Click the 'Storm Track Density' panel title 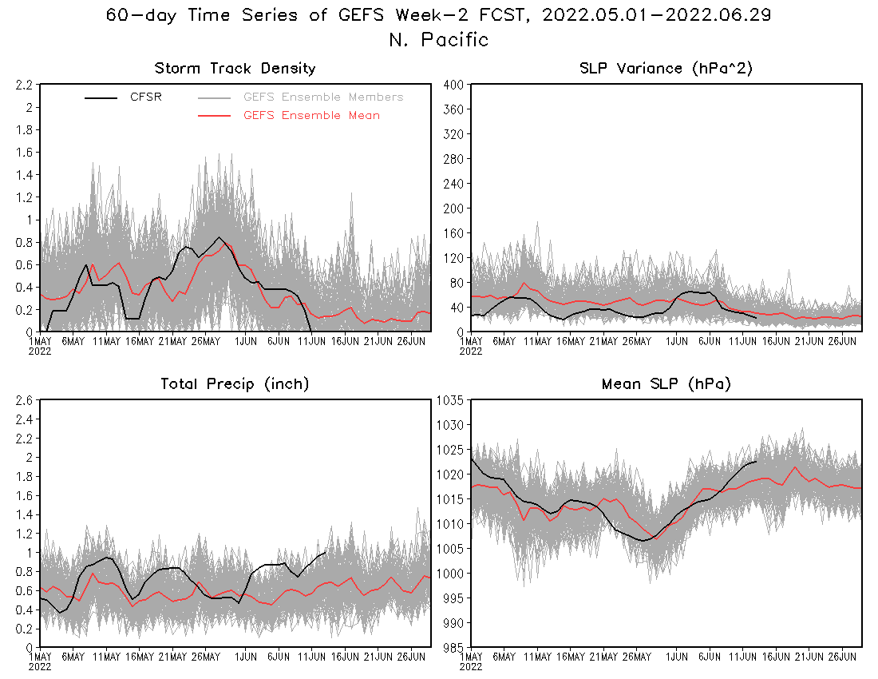pyautogui.click(x=235, y=69)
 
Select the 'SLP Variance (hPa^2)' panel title pyautogui.click(x=666, y=69)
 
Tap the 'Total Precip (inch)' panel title pyautogui.click(x=235, y=384)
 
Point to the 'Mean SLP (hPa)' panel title pyautogui.click(x=666, y=384)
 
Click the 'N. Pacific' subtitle pyautogui.click(x=438, y=40)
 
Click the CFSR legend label pyautogui.click(x=146, y=97)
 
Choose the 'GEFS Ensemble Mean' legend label pyautogui.click(x=311, y=116)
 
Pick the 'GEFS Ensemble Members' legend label pyautogui.click(x=323, y=97)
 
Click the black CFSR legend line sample pyautogui.click(x=101, y=98)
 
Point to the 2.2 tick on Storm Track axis pyautogui.click(x=23, y=85)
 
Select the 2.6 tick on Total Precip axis pyautogui.click(x=23, y=400)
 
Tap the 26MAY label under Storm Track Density pyautogui.click(x=205, y=342)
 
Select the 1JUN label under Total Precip pyautogui.click(x=245, y=657)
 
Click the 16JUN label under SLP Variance pyautogui.click(x=743, y=342)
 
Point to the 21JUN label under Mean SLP pyautogui.click(x=809, y=657)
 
